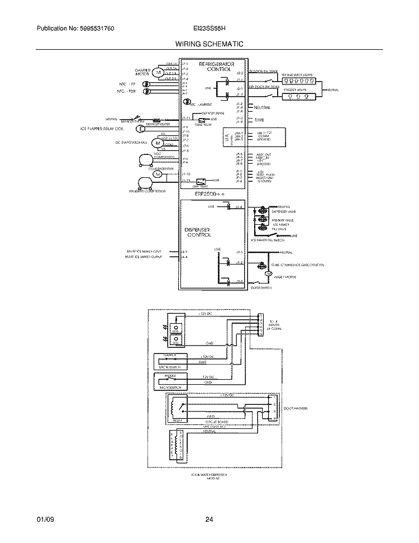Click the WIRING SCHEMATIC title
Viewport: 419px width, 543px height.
pyautogui.click(x=209, y=44)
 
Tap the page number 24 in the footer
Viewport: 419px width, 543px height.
pyautogui.click(x=209, y=520)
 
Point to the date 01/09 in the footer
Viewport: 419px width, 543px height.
pyautogui.click(x=44, y=520)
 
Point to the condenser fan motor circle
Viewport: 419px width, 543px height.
pyautogui.click(x=157, y=174)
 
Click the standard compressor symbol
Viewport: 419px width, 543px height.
pyautogui.click(x=144, y=182)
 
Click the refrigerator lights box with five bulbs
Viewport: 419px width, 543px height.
pyautogui.click(x=300, y=81)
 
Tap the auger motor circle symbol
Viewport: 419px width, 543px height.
pyautogui.click(x=268, y=273)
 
